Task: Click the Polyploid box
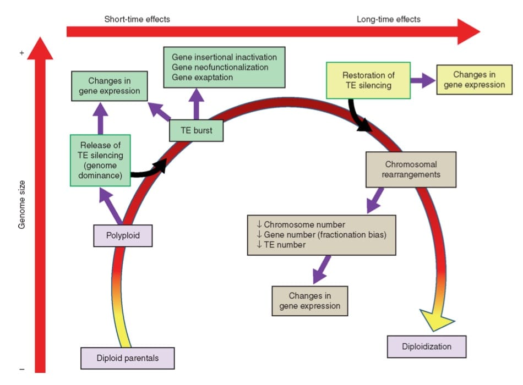pos(123,236)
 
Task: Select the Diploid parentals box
pos(128,358)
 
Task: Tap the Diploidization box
pos(426,346)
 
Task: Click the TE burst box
pos(195,131)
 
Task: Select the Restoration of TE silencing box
pos(368,80)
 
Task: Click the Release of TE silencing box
pos(100,160)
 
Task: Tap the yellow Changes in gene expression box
pos(478,79)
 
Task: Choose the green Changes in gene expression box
pos(110,86)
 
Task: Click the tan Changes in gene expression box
pos(310,301)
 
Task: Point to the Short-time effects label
pos(137,19)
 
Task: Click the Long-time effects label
pos(388,19)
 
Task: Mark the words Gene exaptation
pos(202,78)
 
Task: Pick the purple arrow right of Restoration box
pos(422,80)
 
